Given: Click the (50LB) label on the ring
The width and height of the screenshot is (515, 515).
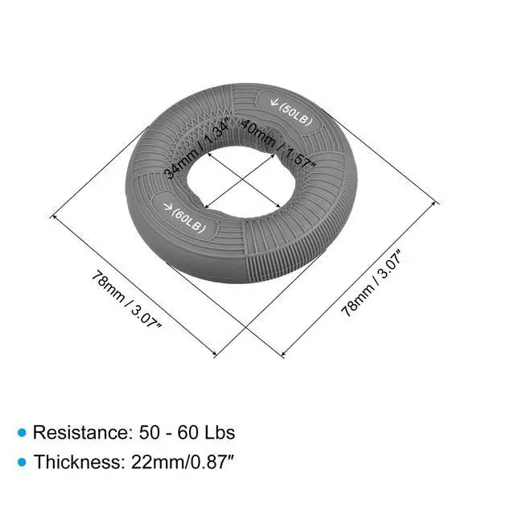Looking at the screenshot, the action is pos(295,114).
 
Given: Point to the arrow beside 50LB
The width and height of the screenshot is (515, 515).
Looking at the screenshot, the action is pos(274,101).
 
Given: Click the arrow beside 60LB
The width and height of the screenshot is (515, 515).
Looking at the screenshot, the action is pos(168,206).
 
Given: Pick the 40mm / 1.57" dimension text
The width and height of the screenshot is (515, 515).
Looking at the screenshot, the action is pos(278,143).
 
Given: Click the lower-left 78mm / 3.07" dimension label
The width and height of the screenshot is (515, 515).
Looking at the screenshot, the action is pos(126,299).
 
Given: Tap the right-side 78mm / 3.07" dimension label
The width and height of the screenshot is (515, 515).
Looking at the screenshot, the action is pos(372,283).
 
